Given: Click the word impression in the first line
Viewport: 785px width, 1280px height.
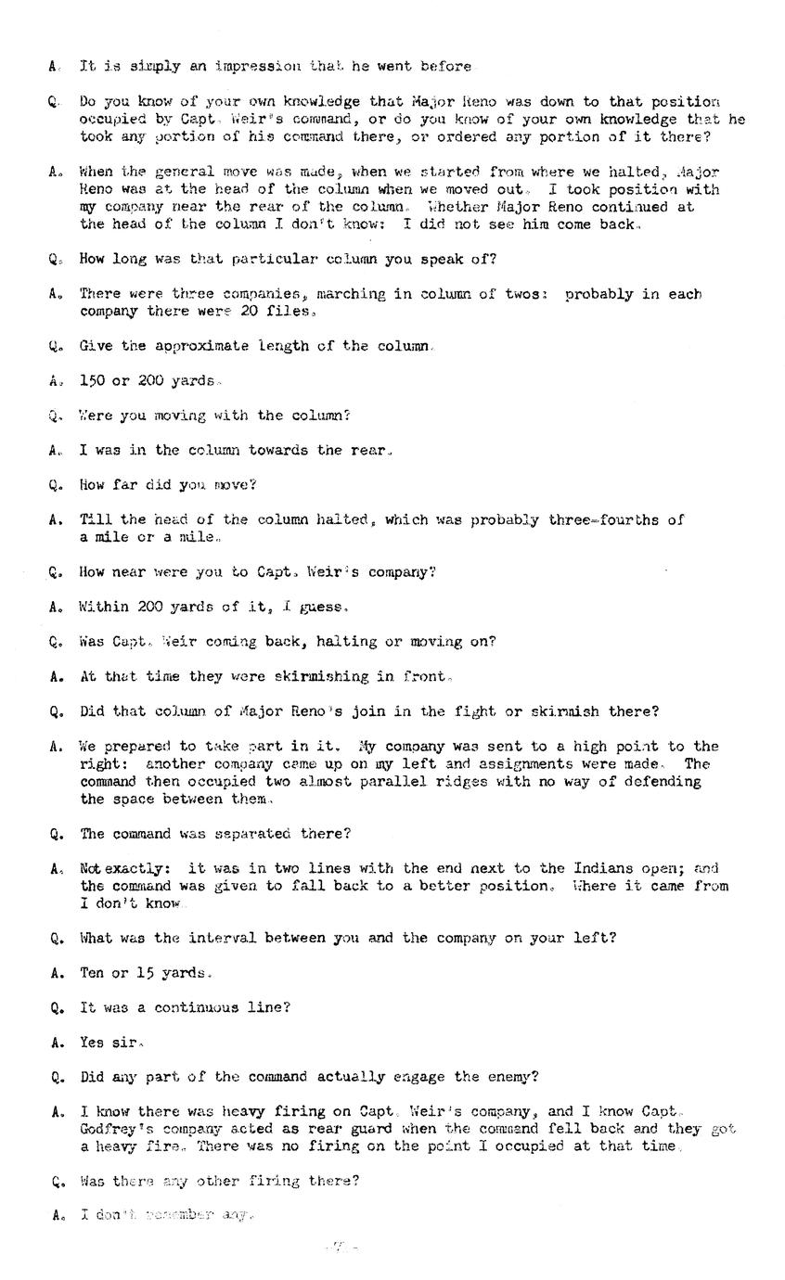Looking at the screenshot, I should pos(258,67).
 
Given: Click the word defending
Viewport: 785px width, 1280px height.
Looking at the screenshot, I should pos(660,782).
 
